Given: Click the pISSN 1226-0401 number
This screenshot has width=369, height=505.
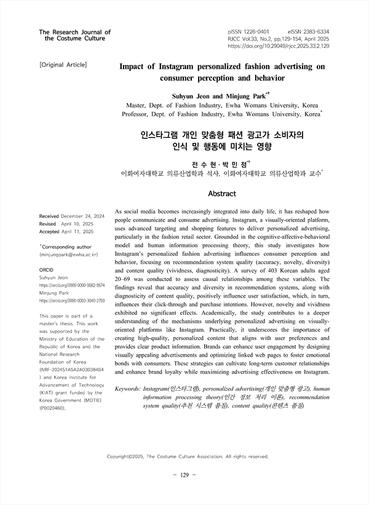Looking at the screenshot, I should click(248, 30).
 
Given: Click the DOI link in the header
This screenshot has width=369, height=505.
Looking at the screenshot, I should click(278, 46).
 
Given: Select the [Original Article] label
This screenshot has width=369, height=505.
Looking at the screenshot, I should click(63, 65).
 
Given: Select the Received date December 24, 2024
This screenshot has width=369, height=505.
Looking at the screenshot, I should click(82, 217).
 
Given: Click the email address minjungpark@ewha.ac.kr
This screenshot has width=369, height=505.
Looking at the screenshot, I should click(68, 254).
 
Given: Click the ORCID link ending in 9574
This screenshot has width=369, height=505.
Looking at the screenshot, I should click(71, 285).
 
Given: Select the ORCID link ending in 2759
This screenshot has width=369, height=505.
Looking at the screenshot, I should click(71, 301).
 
